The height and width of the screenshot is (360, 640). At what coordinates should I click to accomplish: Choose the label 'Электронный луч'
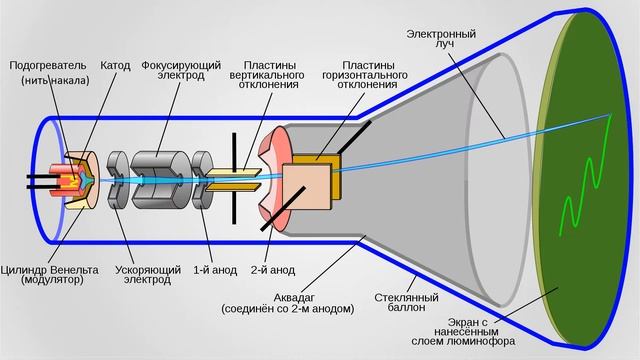pos(440,41)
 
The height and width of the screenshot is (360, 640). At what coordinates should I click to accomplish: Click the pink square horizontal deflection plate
pos(308,187)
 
